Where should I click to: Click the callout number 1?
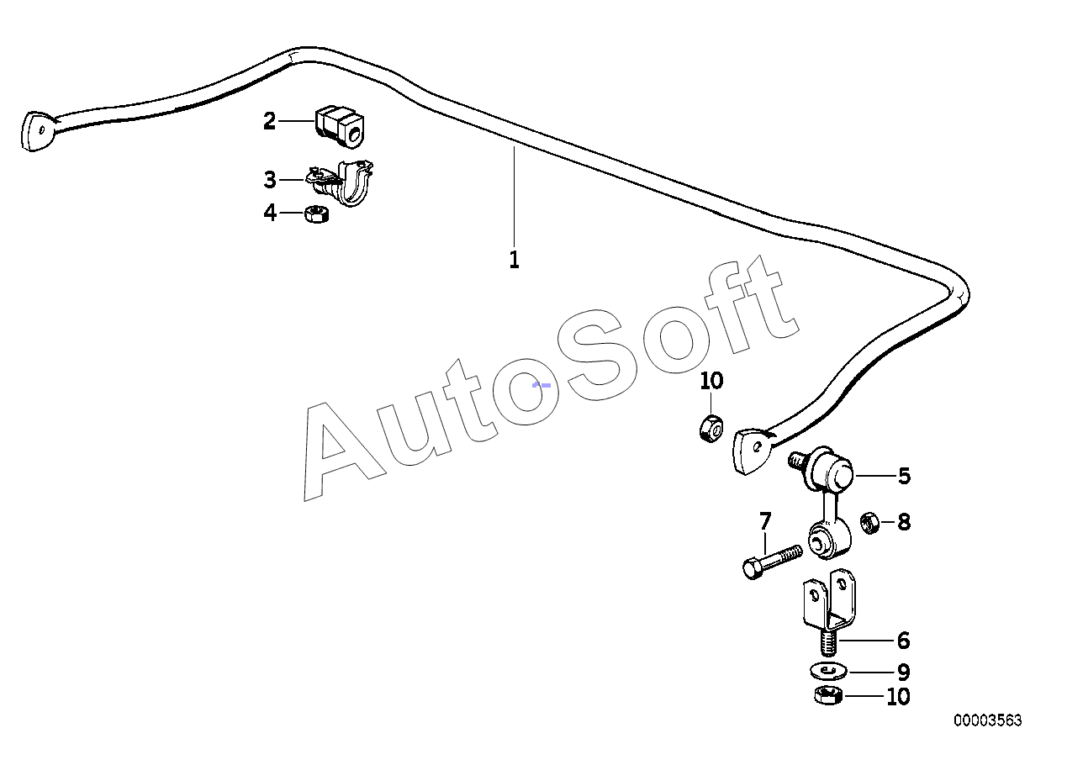514,260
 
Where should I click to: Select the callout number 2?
269,122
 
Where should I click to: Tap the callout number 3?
269,180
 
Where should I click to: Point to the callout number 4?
269,214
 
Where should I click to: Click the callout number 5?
904,477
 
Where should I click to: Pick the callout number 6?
903,641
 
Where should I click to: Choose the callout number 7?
764,522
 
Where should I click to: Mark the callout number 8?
904,523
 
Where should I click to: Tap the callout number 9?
903,673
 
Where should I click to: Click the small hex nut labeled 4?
316,214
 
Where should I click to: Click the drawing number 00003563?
987,720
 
